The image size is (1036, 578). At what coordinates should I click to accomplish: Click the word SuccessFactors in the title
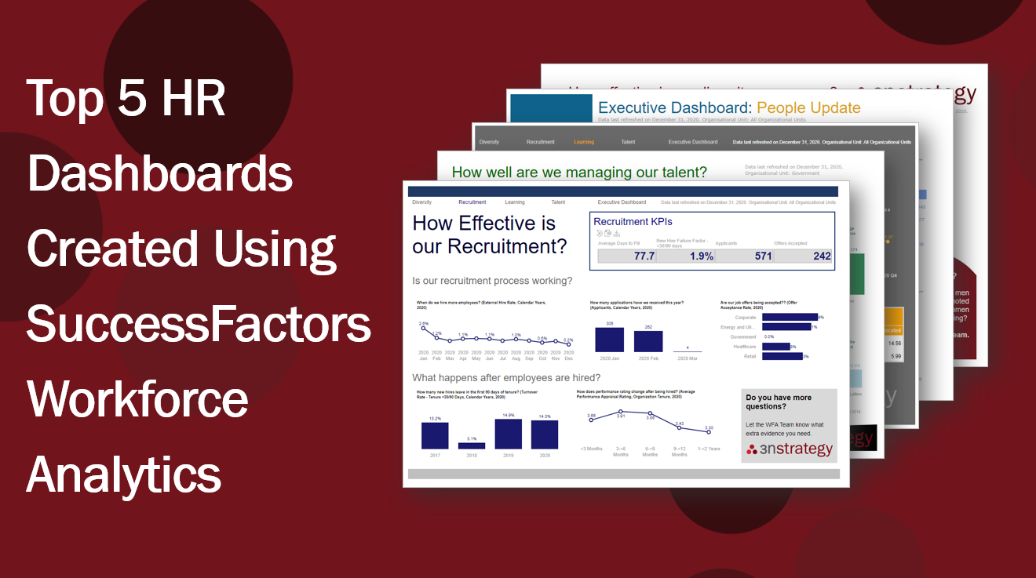coord(199,324)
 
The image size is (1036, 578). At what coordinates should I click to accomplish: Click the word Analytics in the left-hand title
coord(124,474)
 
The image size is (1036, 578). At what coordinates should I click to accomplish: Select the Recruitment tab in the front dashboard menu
coord(472,202)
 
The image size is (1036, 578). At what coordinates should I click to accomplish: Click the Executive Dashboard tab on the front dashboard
coord(622,202)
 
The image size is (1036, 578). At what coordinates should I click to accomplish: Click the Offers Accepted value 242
coord(822,256)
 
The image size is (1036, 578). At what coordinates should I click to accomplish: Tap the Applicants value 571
coord(763,256)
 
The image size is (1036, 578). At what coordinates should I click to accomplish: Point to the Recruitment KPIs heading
coord(633,222)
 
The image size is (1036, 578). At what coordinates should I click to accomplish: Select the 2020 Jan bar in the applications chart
coord(609,340)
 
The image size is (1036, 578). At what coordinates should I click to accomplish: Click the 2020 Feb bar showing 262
coord(647,341)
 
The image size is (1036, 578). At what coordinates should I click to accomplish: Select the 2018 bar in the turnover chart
coord(472,445)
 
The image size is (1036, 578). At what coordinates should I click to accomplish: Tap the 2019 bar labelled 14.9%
coord(508,434)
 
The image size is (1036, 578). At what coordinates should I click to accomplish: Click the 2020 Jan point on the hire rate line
coord(424,329)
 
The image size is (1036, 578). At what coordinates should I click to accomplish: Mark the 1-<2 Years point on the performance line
coord(709,434)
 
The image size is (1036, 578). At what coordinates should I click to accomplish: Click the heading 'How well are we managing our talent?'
coord(579,172)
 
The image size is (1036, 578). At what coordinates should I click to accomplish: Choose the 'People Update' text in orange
coord(808,108)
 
